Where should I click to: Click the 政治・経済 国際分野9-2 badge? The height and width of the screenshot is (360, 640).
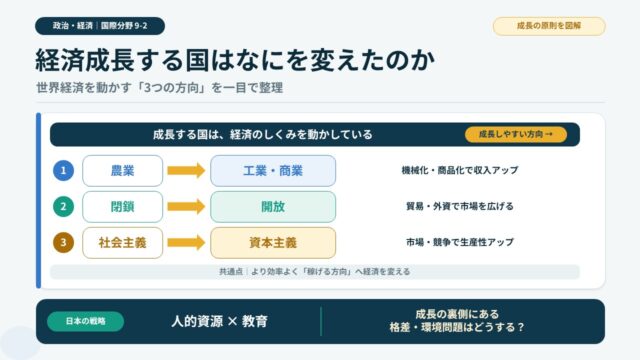pyautogui.click(x=100, y=26)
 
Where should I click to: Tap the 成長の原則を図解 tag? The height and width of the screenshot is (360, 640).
pyautogui.click(x=549, y=26)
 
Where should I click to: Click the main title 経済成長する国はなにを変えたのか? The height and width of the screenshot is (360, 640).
pyautogui.click(x=235, y=60)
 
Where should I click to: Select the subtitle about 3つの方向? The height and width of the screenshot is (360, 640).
pyautogui.click(x=160, y=88)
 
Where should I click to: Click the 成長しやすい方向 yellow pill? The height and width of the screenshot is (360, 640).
pyautogui.click(x=516, y=134)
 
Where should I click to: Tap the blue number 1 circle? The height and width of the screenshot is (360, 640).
pyautogui.click(x=63, y=171)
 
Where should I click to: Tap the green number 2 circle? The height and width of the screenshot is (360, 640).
pyautogui.click(x=63, y=207)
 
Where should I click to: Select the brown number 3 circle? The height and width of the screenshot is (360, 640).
pyautogui.click(x=63, y=242)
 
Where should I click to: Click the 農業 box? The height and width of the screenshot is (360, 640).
pyautogui.click(x=122, y=171)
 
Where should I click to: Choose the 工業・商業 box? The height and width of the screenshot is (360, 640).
pyautogui.click(x=273, y=171)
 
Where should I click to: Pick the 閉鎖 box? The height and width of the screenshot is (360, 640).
pyautogui.click(x=122, y=207)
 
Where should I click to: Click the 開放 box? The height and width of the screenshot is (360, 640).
pyautogui.click(x=273, y=207)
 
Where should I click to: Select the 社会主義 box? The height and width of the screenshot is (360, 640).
pyautogui.click(x=122, y=243)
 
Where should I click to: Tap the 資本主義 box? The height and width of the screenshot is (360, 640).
pyautogui.click(x=273, y=243)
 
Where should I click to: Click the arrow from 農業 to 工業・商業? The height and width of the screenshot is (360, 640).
pyautogui.click(x=186, y=171)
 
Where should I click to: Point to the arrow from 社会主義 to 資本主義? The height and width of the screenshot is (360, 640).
pyautogui.click(x=186, y=243)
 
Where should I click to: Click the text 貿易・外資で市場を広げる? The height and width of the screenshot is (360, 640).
pyautogui.click(x=460, y=207)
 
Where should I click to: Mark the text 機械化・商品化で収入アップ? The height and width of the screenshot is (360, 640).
pyautogui.click(x=460, y=170)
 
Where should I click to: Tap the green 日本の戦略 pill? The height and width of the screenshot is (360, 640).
pyautogui.click(x=86, y=321)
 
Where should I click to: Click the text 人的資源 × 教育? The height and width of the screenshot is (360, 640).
pyautogui.click(x=220, y=322)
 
